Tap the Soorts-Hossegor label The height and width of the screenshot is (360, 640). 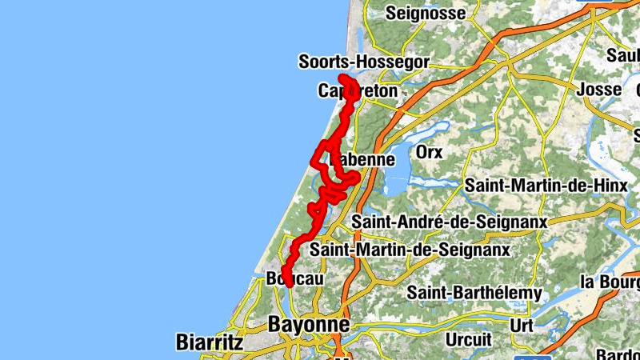[x=364, y=62]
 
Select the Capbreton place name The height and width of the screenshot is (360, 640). [x=358, y=91]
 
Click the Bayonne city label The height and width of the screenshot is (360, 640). [x=310, y=325]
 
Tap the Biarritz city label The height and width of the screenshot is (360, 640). [x=209, y=342]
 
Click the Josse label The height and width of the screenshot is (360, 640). [x=598, y=89]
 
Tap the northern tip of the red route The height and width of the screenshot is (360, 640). [x=343, y=78]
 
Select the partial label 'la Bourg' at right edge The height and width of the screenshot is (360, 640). [x=610, y=282]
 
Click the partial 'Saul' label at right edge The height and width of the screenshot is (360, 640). [x=622, y=55]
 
